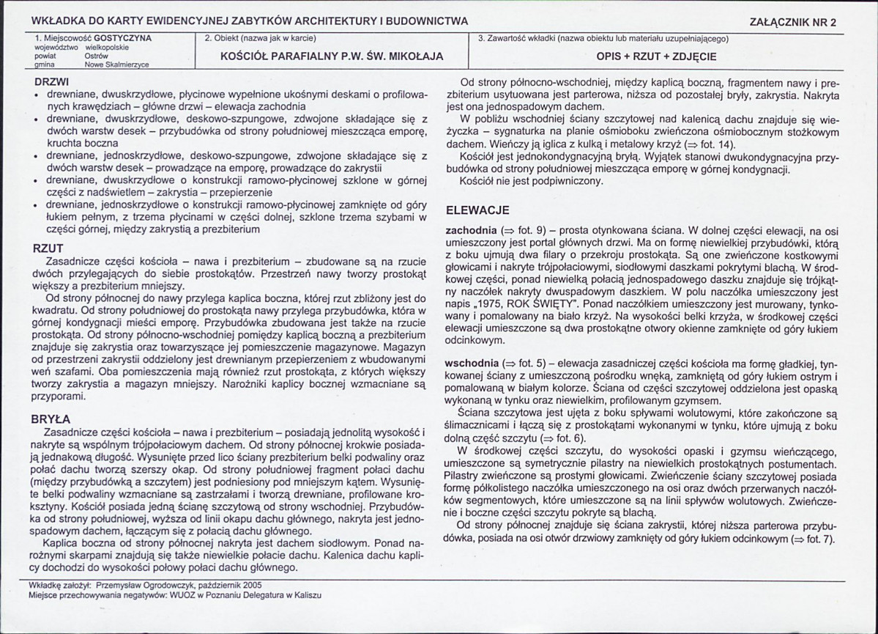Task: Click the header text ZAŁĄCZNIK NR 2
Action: point(794,22)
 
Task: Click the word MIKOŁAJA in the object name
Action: point(417,56)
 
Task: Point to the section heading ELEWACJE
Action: point(477,210)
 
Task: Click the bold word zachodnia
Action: point(471,229)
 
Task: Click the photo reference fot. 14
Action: point(719,144)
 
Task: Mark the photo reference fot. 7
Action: point(819,539)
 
